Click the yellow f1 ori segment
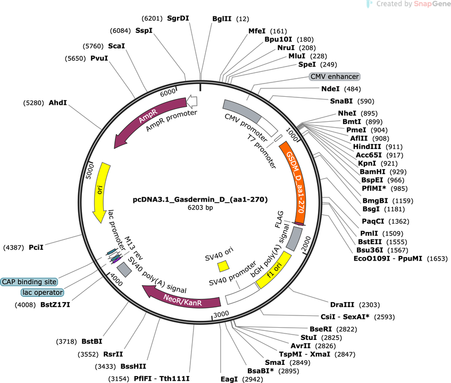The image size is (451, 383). tap(274, 270)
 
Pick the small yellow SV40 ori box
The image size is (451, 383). tap(223, 266)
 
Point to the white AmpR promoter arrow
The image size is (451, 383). tap(192, 101)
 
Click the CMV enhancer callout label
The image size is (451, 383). tap(335, 77)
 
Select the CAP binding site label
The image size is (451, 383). tap(29, 282)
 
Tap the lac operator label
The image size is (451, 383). tap(43, 293)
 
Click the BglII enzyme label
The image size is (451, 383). tap(222, 19)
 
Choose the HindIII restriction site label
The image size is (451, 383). tap(367, 147)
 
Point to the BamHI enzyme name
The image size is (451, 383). tap(372, 172)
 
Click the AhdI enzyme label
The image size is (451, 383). tap(58, 103)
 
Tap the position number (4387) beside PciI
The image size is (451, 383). tap(13, 247)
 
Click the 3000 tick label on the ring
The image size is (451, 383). tap(221, 314)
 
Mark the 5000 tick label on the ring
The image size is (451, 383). tap(90, 171)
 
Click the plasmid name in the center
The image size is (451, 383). tap(200, 199)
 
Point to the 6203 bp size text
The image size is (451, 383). tap(200, 207)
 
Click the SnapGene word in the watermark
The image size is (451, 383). tap(432, 4)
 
